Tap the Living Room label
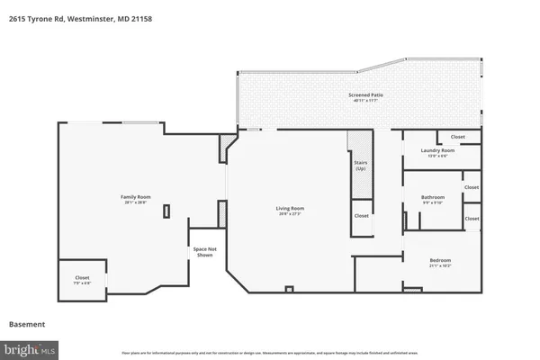click(289, 209)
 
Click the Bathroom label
click(433, 196)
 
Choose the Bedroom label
click(440, 260)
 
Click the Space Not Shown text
click(204, 251)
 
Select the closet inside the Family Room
click(82, 278)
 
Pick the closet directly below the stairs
click(361, 216)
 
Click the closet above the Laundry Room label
click(457, 138)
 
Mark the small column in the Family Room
click(166, 211)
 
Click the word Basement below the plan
click(27, 324)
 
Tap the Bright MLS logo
click(31, 346)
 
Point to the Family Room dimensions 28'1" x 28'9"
click(136, 202)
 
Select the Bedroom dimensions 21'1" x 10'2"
click(440, 266)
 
